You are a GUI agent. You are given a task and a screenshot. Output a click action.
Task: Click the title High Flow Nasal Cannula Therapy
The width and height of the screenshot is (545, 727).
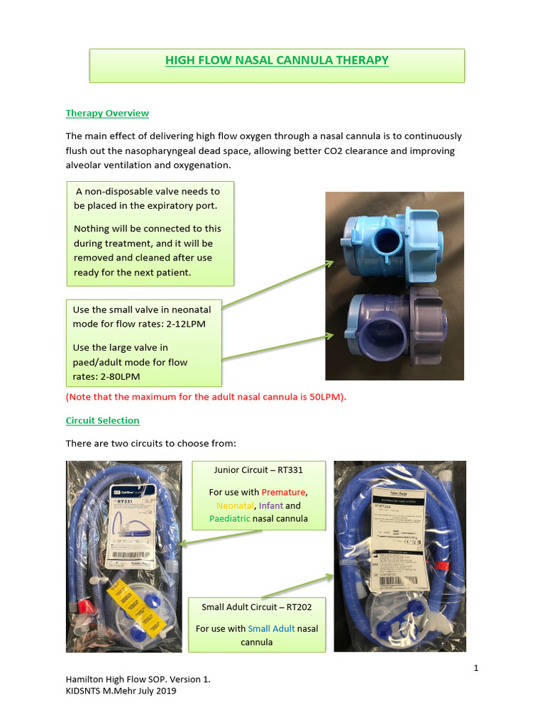click(x=277, y=60)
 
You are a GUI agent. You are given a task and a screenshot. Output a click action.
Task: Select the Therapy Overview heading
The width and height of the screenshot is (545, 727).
click(x=107, y=113)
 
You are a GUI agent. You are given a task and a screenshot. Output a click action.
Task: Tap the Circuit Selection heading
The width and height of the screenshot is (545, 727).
click(x=102, y=420)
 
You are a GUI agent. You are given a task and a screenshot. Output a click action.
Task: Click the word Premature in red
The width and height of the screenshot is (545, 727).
click(x=284, y=492)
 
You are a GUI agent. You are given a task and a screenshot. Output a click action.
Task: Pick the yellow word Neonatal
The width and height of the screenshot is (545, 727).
click(x=232, y=505)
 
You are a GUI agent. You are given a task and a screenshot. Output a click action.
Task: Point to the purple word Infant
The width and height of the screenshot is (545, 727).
click(x=271, y=505)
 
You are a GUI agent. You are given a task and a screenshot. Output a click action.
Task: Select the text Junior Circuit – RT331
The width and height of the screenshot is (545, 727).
click(x=259, y=469)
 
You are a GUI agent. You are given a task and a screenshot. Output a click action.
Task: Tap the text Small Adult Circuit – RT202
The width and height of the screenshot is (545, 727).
click(x=256, y=607)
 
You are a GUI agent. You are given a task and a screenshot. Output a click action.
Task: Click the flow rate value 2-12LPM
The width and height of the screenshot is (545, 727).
click(x=187, y=324)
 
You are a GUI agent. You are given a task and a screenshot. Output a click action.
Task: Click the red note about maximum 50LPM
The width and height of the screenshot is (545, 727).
click(x=206, y=397)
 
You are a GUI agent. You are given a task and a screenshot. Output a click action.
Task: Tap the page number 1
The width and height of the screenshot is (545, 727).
click(x=475, y=668)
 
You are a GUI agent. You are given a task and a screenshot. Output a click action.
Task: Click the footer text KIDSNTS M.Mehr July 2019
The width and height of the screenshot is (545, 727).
click(x=121, y=691)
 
